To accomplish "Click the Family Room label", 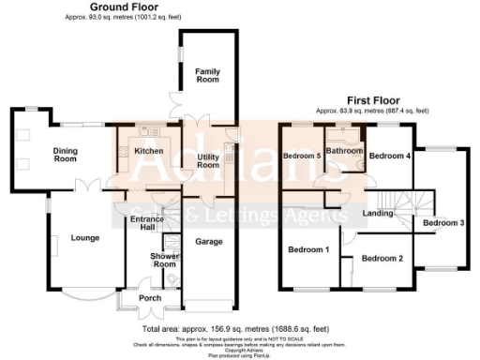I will click(206, 75).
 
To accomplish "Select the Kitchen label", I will click(149, 150).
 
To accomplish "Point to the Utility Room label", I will click(206, 160).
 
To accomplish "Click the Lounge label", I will click(85, 237).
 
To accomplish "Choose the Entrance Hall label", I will click(148, 222).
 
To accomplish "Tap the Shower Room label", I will click(164, 260).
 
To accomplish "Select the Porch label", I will click(147, 299).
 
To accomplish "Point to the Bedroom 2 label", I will click(382, 258).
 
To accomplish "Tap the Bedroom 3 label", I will click(442, 222).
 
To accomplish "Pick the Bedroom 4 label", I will click(389, 156).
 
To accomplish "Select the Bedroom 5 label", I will click(302, 156).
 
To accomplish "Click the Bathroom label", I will click(344, 150).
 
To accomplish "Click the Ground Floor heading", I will click(122, 7).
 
